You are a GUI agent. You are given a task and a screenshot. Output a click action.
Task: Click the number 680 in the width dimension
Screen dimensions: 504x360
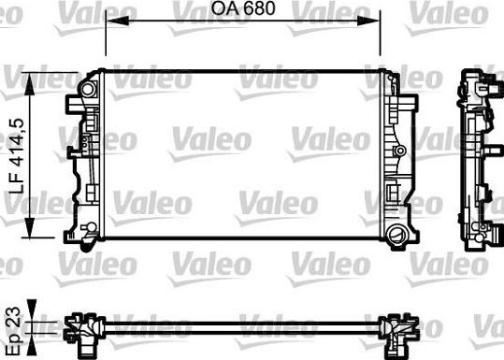click(x=259, y=8)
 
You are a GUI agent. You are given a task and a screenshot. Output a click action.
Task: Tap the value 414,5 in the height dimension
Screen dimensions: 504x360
click(x=17, y=143)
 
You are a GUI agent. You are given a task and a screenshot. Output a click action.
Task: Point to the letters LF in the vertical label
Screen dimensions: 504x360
click(x=17, y=183)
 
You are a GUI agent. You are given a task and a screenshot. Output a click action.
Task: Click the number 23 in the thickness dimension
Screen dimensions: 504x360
click(x=14, y=317)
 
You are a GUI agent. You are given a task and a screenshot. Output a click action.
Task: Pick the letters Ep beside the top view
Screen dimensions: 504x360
click(x=15, y=341)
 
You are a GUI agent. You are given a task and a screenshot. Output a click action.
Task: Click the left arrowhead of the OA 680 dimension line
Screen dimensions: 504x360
click(x=118, y=21)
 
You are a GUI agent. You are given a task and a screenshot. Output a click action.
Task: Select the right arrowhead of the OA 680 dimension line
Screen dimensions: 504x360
click(x=368, y=21)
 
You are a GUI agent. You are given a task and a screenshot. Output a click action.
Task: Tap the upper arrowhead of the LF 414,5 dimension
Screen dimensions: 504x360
click(x=29, y=84)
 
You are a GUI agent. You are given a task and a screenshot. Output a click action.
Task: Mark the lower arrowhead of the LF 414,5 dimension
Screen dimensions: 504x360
click(x=29, y=227)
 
